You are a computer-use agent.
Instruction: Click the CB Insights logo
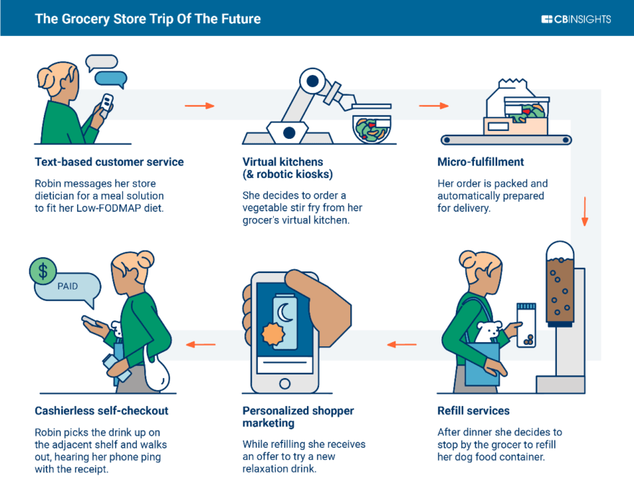click(x=576, y=19)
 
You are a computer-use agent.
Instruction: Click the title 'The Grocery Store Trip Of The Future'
click(x=148, y=19)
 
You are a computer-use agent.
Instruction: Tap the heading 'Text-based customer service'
click(x=109, y=162)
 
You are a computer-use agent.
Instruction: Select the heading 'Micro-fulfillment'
click(x=481, y=162)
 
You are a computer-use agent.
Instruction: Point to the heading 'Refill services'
click(x=473, y=411)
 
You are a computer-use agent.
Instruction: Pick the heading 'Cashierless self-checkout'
click(x=102, y=411)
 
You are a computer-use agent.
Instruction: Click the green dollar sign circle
click(x=43, y=271)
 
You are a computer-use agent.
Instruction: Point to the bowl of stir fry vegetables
click(x=372, y=127)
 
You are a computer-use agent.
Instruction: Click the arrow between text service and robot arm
click(x=200, y=106)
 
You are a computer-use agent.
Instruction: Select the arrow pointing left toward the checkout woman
click(x=201, y=344)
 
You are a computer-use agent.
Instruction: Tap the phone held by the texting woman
click(x=106, y=105)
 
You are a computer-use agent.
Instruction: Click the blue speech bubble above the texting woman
click(x=110, y=78)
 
